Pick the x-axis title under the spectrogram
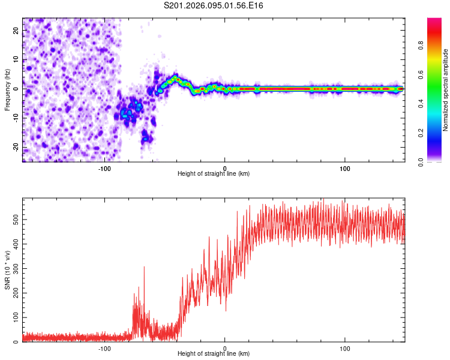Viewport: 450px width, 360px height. point(214,173)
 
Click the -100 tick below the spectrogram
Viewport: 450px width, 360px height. point(105,167)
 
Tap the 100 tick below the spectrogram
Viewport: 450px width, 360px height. point(345,167)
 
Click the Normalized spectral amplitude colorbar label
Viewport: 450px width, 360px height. point(445,90)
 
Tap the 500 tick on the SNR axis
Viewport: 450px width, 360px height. point(14,220)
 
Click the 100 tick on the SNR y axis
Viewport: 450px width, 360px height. point(14,317)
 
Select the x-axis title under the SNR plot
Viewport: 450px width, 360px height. point(214,353)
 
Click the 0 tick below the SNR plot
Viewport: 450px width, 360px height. point(225,347)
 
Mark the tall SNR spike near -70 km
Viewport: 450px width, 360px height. point(144,268)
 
